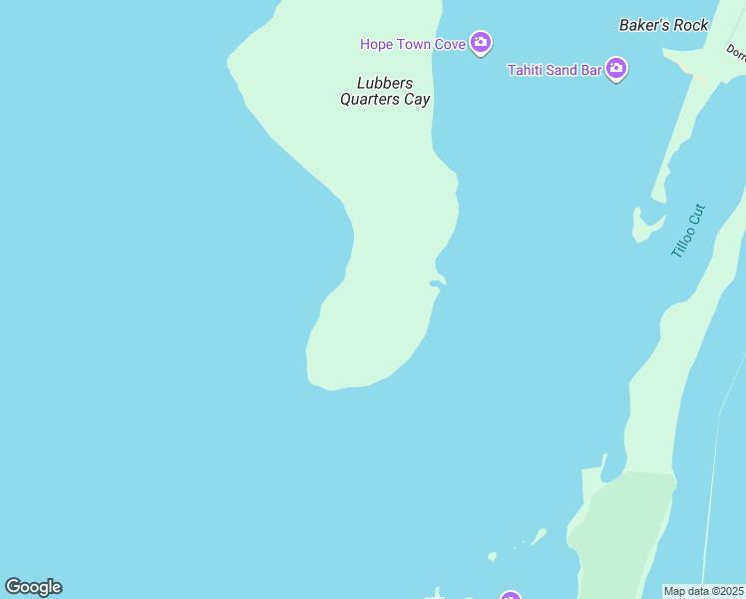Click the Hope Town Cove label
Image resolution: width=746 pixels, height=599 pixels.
click(x=414, y=43)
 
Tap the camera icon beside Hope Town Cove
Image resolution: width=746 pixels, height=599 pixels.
click(x=481, y=42)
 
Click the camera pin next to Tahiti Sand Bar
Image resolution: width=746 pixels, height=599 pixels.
click(x=616, y=69)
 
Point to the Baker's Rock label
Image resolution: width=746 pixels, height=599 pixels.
click(x=663, y=25)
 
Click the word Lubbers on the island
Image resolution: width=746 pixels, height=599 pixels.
click(x=384, y=83)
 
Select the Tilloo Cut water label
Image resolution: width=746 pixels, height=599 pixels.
click(x=688, y=231)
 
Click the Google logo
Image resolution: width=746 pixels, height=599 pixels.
click(x=34, y=587)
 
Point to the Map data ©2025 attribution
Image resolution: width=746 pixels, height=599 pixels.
click(x=704, y=591)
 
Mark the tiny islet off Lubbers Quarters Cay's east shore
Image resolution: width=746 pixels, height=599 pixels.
click(x=436, y=284)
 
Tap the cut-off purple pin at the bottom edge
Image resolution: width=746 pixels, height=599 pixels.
click(x=511, y=596)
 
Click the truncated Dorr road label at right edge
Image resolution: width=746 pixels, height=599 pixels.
click(x=735, y=51)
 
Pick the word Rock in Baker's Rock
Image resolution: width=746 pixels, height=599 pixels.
click(x=690, y=25)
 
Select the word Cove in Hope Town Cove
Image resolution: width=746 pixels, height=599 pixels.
click(x=451, y=43)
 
